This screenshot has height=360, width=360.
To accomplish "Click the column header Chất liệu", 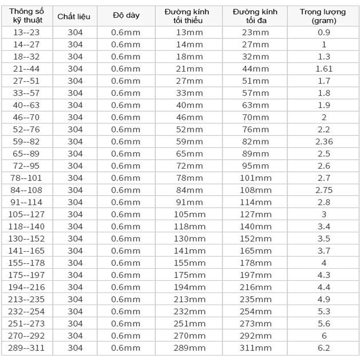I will click(74, 17).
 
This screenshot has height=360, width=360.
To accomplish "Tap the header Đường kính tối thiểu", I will click(187, 16).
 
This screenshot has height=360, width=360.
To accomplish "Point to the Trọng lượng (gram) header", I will click(323, 16).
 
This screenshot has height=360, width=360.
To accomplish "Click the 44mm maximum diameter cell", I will click(255, 69).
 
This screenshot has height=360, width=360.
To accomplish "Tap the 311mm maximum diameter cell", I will click(255, 348).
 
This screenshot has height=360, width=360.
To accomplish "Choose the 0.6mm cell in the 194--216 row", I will click(126, 287).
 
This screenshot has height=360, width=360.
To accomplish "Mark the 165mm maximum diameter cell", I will click(255, 251).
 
